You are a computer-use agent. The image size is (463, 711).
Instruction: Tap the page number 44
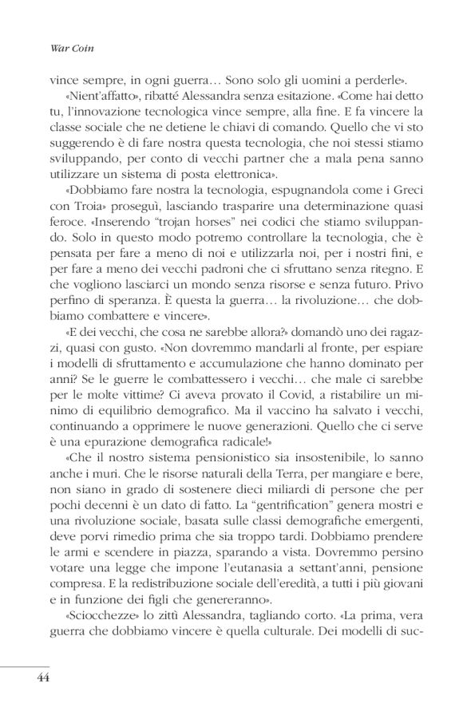pos(43,677)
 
